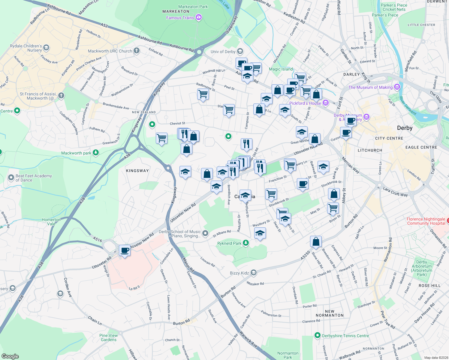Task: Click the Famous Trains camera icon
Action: (198, 18)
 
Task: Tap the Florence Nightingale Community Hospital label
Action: (426, 221)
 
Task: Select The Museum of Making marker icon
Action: (397, 87)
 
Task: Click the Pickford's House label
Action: (305, 103)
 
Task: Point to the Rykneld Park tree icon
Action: (246, 243)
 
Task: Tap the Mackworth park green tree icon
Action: (95, 153)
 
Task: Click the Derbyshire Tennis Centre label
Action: (345, 336)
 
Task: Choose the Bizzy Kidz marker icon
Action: (254, 273)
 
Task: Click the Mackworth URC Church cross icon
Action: (137, 51)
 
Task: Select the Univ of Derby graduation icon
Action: (240, 51)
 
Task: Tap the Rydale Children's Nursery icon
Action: (46, 48)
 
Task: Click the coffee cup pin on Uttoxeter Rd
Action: (125, 250)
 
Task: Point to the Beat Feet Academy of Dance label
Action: (34, 178)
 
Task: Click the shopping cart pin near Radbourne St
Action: (203, 94)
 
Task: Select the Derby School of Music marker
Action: (205, 233)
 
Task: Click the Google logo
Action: (10, 356)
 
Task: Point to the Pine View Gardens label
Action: (108, 337)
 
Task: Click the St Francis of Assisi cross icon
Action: (61, 96)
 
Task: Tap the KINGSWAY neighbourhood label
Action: (137, 171)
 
